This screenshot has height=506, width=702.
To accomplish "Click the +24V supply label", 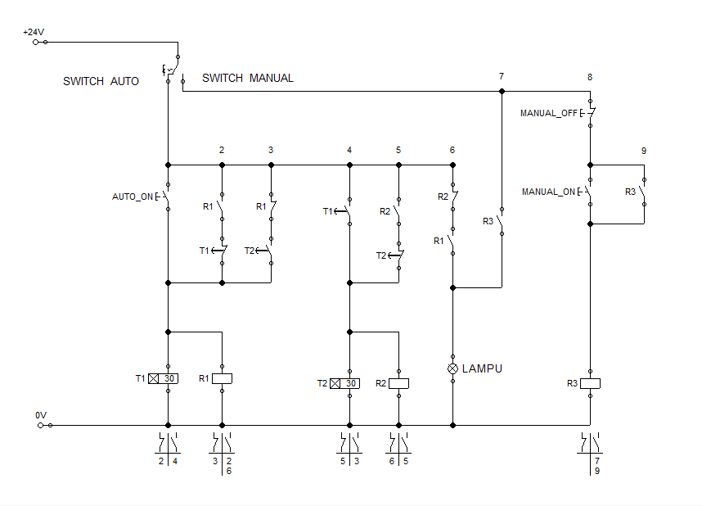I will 34,32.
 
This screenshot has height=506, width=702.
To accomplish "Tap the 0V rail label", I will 41,416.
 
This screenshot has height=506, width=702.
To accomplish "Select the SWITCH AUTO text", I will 101,81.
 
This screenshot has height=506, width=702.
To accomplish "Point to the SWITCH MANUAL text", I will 247,78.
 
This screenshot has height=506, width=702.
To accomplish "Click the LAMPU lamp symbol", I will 452,368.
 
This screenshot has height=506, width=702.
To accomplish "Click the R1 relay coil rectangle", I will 222,378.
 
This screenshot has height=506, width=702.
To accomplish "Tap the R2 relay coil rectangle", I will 398,383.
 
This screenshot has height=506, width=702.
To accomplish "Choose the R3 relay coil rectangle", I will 590,383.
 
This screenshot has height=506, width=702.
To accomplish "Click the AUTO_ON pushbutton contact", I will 166,197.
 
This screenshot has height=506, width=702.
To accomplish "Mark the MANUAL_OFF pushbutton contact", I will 590,113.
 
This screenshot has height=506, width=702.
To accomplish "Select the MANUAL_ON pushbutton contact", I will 589,192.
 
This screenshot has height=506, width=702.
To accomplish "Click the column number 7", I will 502,77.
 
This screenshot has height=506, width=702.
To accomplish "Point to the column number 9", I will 644,151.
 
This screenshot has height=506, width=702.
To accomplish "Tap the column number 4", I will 349,151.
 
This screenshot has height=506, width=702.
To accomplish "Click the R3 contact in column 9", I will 644,192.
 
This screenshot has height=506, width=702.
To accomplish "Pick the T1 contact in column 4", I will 349,211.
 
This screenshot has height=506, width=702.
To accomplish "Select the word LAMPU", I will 483,368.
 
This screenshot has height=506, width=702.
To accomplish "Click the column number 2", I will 222,151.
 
